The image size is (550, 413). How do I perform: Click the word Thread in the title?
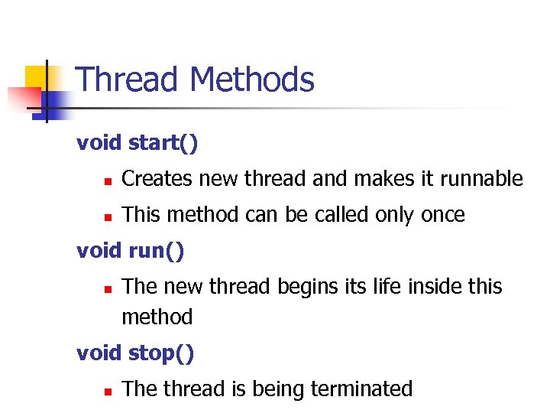(x=128, y=80)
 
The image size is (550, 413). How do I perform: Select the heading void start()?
(x=137, y=143)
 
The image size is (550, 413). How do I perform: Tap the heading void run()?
(x=131, y=250)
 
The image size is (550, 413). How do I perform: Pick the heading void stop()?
(x=136, y=353)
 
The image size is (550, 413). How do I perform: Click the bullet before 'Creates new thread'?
(x=108, y=181)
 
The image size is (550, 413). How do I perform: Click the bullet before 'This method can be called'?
(x=108, y=216)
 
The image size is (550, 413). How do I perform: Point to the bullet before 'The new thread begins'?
(x=108, y=288)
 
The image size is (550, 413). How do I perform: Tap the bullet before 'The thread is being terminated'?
(x=108, y=391)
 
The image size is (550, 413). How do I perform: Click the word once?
(x=442, y=215)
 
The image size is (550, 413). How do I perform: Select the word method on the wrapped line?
(x=157, y=317)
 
